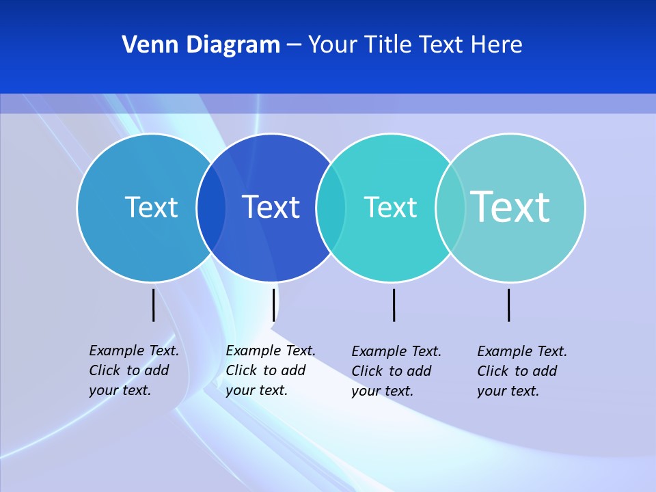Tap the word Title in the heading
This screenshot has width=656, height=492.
389,44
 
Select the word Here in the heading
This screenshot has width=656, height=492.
497,44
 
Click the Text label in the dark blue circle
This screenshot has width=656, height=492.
271,207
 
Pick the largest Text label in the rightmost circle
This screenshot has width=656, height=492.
510,206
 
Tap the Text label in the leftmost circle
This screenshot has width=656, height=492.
151,207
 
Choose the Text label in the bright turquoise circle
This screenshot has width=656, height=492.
390,207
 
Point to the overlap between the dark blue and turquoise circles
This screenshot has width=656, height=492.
330,208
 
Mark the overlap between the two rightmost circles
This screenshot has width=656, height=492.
450,208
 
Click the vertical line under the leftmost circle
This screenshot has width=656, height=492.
153,305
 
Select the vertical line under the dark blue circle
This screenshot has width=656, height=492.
273,305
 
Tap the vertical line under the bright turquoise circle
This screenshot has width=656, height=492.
394,305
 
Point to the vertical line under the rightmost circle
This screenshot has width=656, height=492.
508,305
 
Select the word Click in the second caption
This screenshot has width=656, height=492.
241,370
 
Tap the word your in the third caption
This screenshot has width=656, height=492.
365,392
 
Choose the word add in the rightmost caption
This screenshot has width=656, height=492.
545,371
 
